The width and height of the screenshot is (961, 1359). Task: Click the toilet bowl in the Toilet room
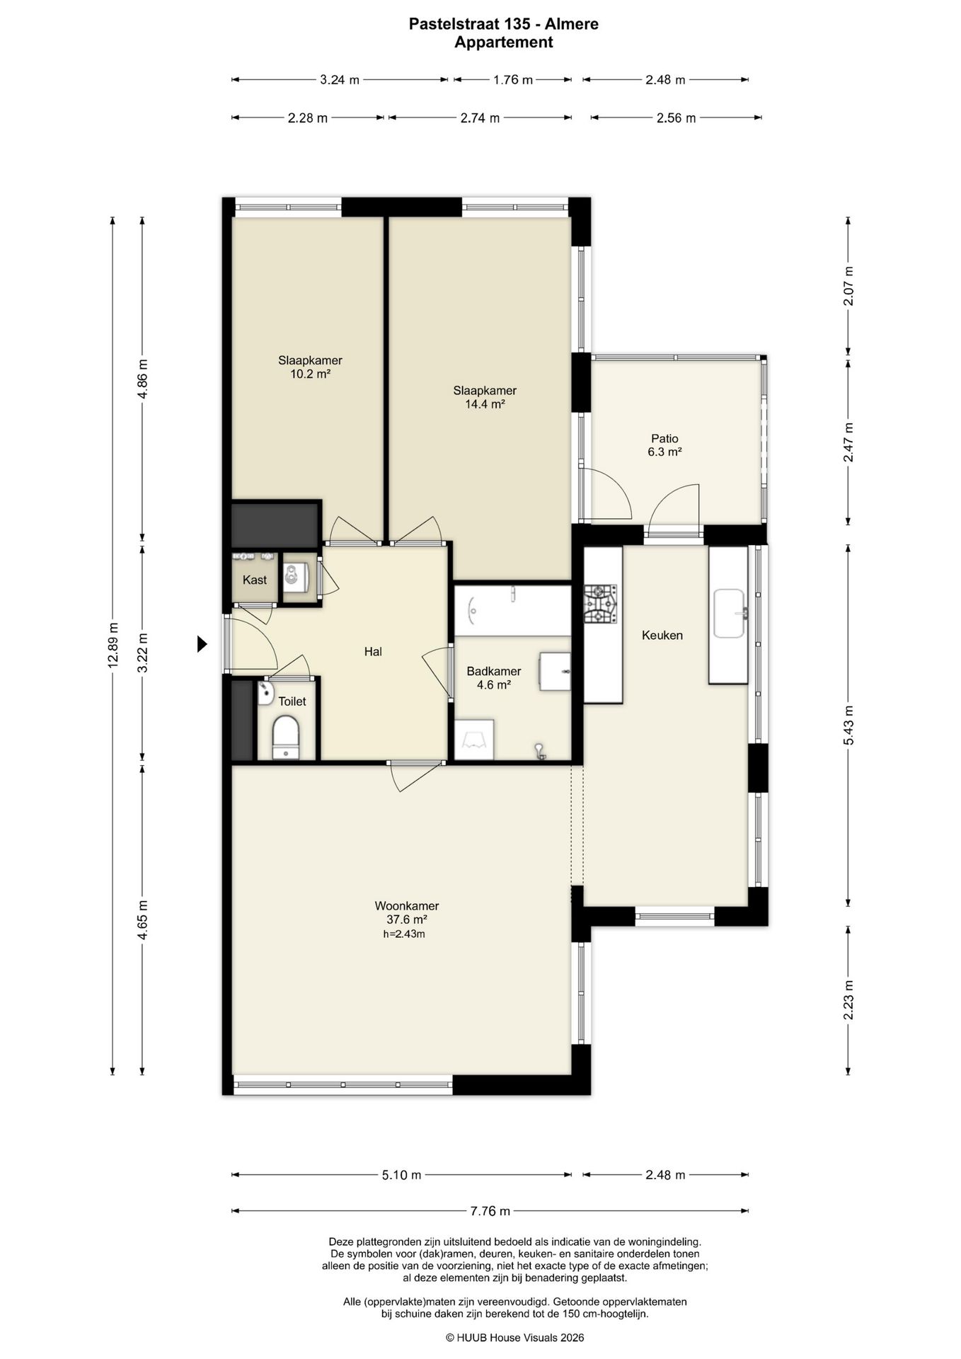pyautogui.click(x=287, y=737)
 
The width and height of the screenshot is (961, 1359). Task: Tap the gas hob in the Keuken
pyautogui.click(x=599, y=604)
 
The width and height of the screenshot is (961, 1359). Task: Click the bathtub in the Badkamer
pyautogui.click(x=512, y=609)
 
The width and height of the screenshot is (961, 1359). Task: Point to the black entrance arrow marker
pyautogui.click(x=202, y=643)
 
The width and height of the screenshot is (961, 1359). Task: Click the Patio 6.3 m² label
pyautogui.click(x=664, y=445)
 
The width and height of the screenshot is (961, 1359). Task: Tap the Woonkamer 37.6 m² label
pyautogui.click(x=406, y=912)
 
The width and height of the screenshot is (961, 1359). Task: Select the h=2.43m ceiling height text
pyautogui.click(x=404, y=934)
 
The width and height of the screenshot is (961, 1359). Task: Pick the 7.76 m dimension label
pyautogui.click(x=490, y=1211)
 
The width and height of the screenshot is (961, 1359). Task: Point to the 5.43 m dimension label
pyautogui.click(x=849, y=725)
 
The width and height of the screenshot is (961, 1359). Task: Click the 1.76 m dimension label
pyautogui.click(x=512, y=80)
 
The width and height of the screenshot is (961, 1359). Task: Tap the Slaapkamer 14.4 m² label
pyautogui.click(x=485, y=397)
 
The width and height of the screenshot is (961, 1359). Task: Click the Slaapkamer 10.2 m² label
pyautogui.click(x=310, y=367)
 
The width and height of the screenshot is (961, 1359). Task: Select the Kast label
pyautogui.click(x=255, y=580)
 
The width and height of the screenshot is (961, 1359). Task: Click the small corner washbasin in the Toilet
pyautogui.click(x=265, y=694)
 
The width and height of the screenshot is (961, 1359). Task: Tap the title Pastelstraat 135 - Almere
pyautogui.click(x=504, y=24)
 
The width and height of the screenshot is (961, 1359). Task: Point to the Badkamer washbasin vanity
pyautogui.click(x=555, y=671)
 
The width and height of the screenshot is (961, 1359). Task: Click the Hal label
pyautogui.click(x=373, y=651)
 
